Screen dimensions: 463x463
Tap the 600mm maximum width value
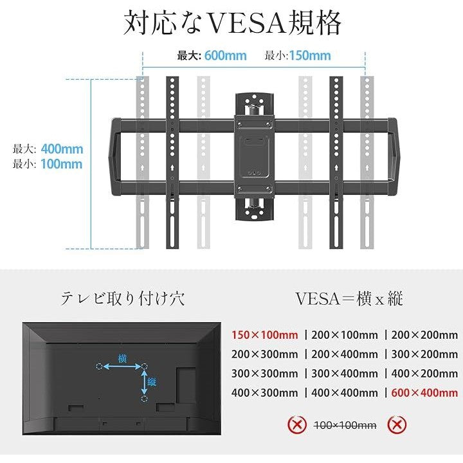(x=226, y=55)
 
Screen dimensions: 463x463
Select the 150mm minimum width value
(x=310, y=55)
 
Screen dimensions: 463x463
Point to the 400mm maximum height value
(x=62, y=149)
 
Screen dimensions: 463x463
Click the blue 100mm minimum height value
(x=62, y=163)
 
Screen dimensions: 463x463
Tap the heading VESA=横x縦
(x=349, y=298)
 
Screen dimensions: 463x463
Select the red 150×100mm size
(x=264, y=334)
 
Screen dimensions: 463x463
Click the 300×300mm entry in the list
(x=264, y=372)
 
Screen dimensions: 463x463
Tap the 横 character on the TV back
(x=122, y=358)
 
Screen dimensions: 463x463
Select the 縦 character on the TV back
(x=152, y=383)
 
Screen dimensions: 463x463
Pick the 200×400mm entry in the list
(x=345, y=354)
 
